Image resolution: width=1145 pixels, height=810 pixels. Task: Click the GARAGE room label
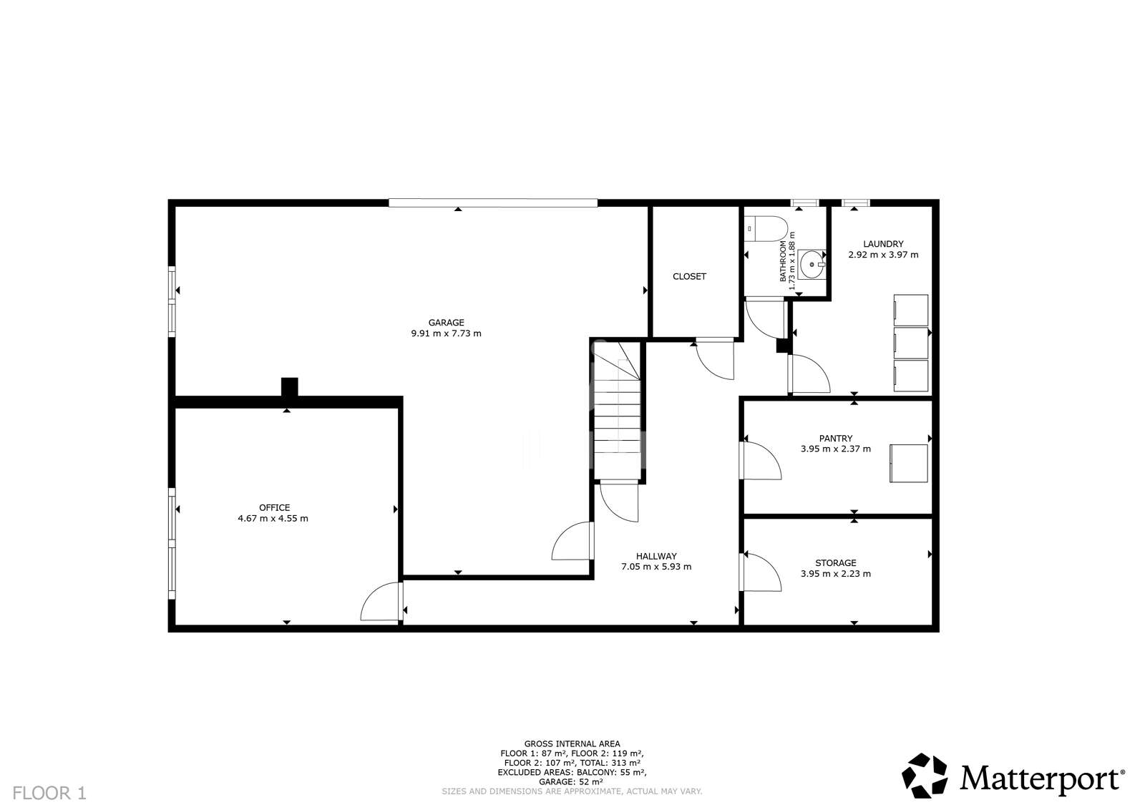point(446,323)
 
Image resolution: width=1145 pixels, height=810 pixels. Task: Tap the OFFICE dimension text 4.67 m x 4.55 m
point(273,519)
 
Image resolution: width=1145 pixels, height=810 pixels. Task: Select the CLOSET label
point(689,276)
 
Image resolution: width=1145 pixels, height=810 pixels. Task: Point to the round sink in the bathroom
point(812,264)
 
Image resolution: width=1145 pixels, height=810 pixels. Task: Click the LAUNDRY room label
point(883,244)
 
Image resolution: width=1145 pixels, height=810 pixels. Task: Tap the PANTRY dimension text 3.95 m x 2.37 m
point(835,449)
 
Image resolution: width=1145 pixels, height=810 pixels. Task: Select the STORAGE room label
point(835,563)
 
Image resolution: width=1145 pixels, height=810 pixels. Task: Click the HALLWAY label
point(656,556)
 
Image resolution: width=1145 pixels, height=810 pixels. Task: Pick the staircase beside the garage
point(617,411)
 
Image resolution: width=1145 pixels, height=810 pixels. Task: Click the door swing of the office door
point(381,603)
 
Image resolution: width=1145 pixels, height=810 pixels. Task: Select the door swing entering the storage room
point(761,572)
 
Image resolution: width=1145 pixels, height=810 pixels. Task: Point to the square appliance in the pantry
point(908,463)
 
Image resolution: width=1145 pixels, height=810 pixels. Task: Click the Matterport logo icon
point(924,775)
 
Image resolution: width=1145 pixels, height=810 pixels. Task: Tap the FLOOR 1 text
point(49,793)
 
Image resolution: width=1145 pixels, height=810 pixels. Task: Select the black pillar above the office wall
point(288,386)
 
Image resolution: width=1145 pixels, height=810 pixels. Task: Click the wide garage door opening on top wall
point(492,203)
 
